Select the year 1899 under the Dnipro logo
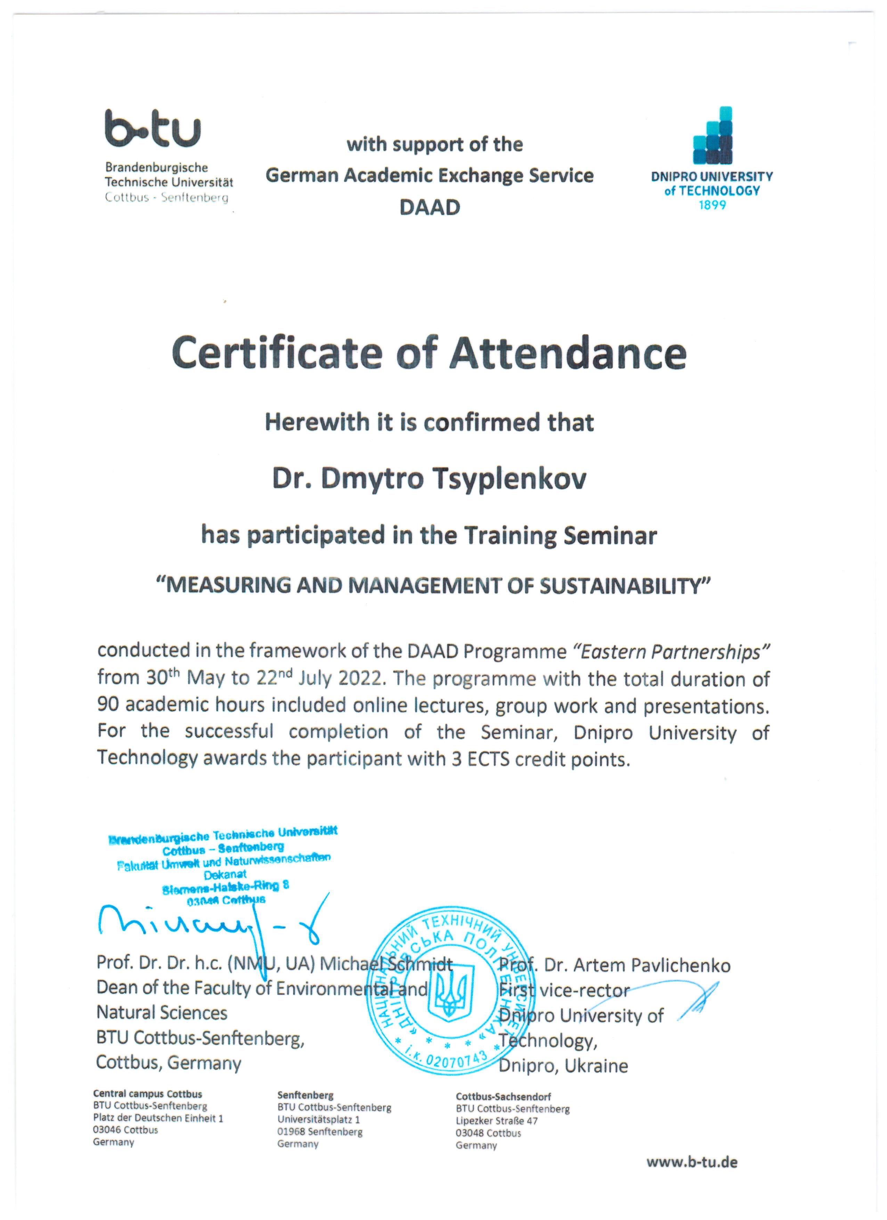[712, 205]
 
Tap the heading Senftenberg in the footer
[305, 1096]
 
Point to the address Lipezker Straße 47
[496, 1121]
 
